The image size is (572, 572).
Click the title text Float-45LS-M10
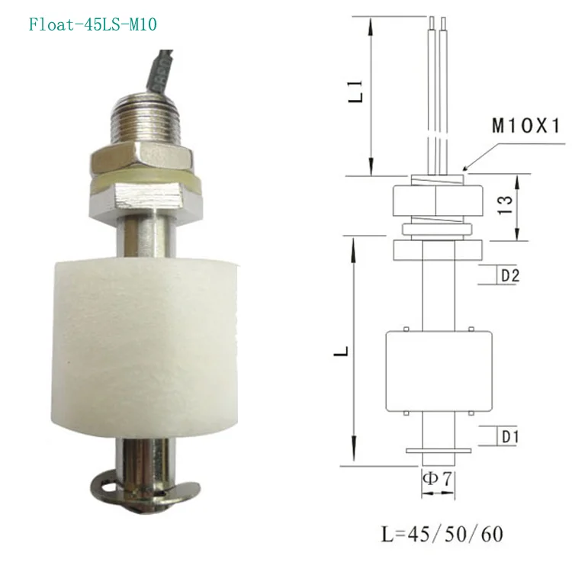pos(93,25)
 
